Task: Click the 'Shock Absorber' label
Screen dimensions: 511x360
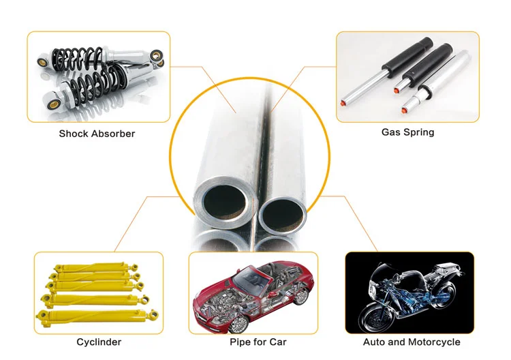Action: click(97, 134)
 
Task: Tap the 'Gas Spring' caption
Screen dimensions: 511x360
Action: click(407, 132)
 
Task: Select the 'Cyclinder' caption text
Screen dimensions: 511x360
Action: click(99, 342)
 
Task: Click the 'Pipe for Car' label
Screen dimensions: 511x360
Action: click(258, 342)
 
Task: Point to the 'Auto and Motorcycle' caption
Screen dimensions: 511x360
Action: click(412, 342)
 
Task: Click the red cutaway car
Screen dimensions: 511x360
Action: click(255, 292)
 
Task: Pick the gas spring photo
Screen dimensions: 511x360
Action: click(408, 76)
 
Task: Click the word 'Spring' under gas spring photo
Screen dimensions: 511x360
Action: click(418, 132)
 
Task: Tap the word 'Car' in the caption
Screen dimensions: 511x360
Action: click(277, 342)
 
